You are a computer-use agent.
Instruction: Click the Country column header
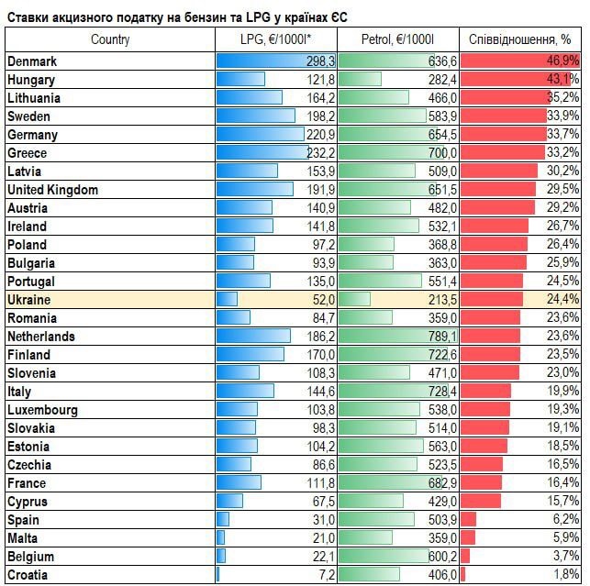pyautogui.click(x=110, y=39)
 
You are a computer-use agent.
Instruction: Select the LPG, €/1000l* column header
pyautogui.click(x=275, y=39)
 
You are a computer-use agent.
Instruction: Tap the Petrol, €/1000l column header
pyautogui.click(x=397, y=39)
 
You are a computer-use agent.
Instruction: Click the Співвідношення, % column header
pyautogui.click(x=519, y=39)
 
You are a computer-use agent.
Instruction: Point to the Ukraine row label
pyautogui.click(x=28, y=300)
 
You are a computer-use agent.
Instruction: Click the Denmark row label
pyautogui.click(x=32, y=61)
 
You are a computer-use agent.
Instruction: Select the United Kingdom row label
pyautogui.click(x=52, y=190)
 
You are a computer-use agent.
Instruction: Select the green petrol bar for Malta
pyautogui.click(x=365, y=538)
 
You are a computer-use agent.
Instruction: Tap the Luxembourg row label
pyautogui.click(x=42, y=410)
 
